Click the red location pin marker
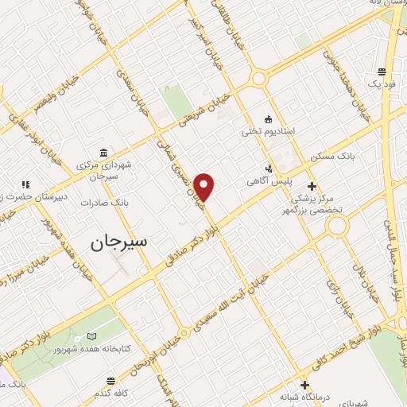pyautogui.click(x=205, y=186)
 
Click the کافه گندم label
pyautogui.click(x=113, y=394)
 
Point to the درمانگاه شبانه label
pyautogui.click(x=304, y=397)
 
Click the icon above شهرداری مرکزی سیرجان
pyautogui.click(x=104, y=152)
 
